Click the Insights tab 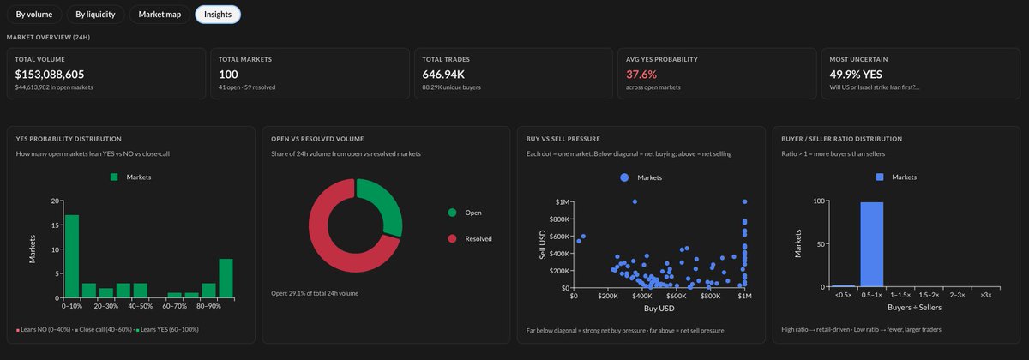click(218, 14)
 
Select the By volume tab click(34, 14)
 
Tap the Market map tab click(159, 14)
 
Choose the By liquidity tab click(96, 14)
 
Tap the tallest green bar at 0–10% click(72, 255)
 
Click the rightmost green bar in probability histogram click(226, 278)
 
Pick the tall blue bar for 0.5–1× click(872, 245)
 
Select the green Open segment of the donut click(383, 206)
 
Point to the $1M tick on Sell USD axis click(563, 201)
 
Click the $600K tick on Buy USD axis click(676, 296)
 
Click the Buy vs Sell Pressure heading click(563, 139)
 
